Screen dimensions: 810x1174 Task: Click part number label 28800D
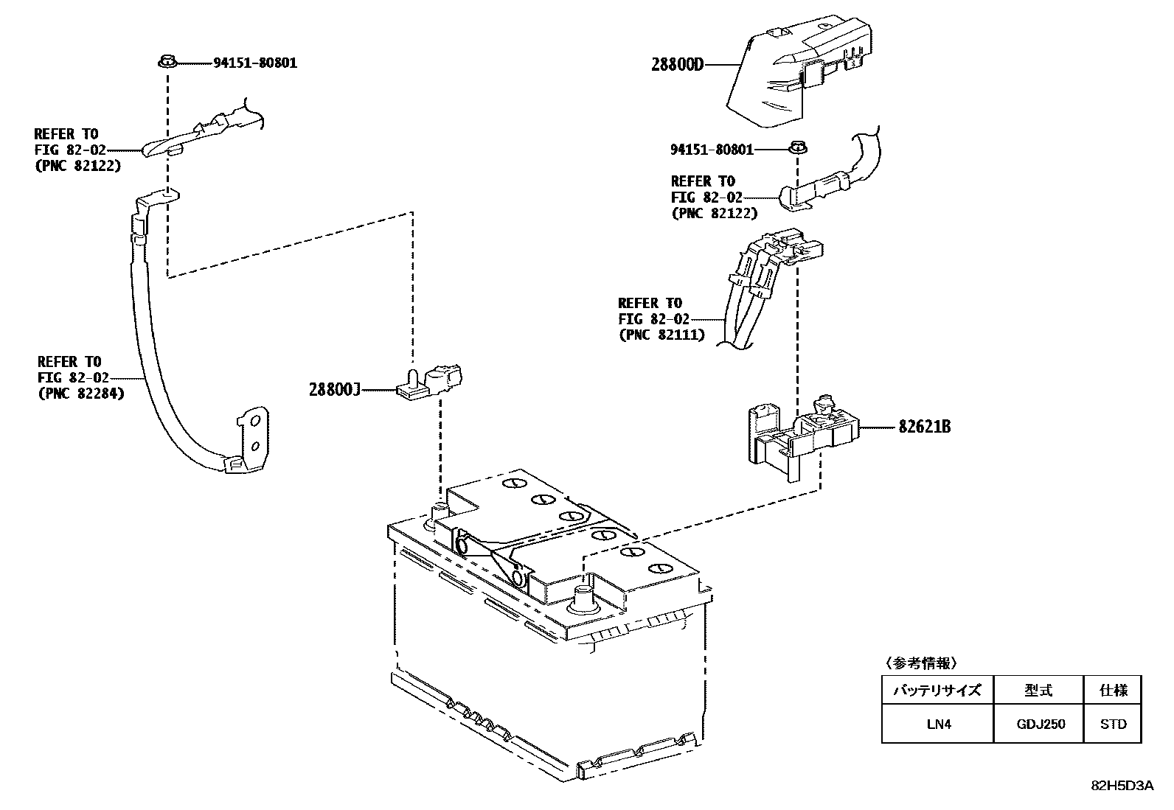click(677, 64)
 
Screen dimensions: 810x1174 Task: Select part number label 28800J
click(334, 389)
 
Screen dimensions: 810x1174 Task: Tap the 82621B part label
click(924, 427)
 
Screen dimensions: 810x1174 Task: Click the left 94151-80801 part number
click(255, 63)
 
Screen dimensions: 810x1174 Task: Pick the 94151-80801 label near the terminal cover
click(712, 150)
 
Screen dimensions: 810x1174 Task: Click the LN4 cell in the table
click(938, 724)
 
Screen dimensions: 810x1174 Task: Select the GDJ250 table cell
click(1039, 724)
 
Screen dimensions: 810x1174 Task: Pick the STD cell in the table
click(1113, 724)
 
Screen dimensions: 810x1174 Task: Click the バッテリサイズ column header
click(938, 691)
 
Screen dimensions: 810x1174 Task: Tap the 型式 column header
click(1039, 691)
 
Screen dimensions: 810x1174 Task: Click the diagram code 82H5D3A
click(1122, 786)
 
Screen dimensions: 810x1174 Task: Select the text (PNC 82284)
click(81, 394)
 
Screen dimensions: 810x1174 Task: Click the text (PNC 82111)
click(661, 335)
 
